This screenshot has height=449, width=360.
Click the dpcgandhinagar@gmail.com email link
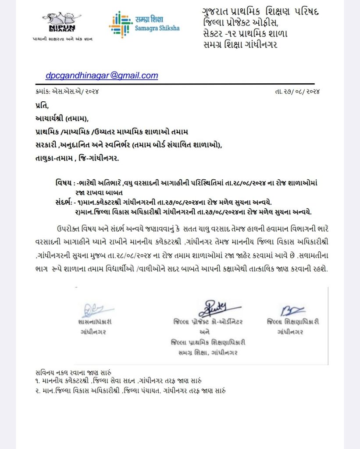[102, 75]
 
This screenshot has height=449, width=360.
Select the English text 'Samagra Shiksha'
[159, 28]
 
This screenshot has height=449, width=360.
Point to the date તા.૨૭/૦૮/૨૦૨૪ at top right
[296, 92]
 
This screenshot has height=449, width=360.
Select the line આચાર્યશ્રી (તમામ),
[62, 118]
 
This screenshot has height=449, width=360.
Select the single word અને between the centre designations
[204, 332]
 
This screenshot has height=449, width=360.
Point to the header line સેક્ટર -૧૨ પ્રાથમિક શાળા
[245, 33]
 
